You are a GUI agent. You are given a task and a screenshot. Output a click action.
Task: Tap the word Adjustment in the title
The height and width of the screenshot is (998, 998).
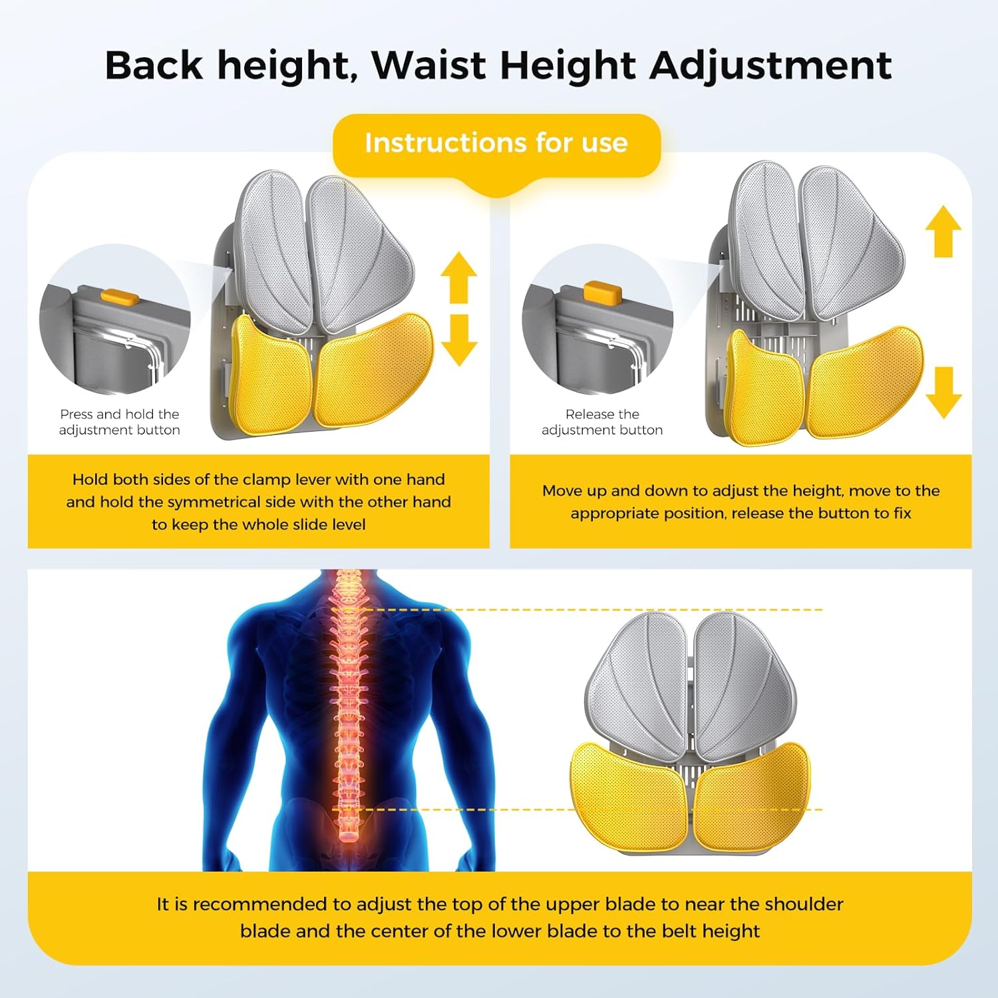[x=770, y=67]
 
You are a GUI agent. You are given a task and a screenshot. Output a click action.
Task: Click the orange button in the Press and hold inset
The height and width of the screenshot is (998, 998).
[x=119, y=295]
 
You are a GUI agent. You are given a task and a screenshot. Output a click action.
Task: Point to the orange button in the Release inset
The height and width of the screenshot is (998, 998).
[x=603, y=291]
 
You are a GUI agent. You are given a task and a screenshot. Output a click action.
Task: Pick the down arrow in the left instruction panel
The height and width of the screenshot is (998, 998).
[x=459, y=340]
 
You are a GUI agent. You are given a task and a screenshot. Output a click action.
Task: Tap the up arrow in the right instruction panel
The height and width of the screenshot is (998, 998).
[x=943, y=231]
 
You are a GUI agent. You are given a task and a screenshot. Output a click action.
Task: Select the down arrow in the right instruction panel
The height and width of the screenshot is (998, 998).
[x=943, y=393]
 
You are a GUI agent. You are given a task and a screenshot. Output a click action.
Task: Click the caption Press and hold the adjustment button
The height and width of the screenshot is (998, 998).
[x=120, y=422]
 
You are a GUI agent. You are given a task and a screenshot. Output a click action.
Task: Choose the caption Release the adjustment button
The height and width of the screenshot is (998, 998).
[x=602, y=422]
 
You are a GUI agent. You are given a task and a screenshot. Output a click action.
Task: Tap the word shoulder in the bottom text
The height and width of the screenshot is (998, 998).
[x=804, y=904]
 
